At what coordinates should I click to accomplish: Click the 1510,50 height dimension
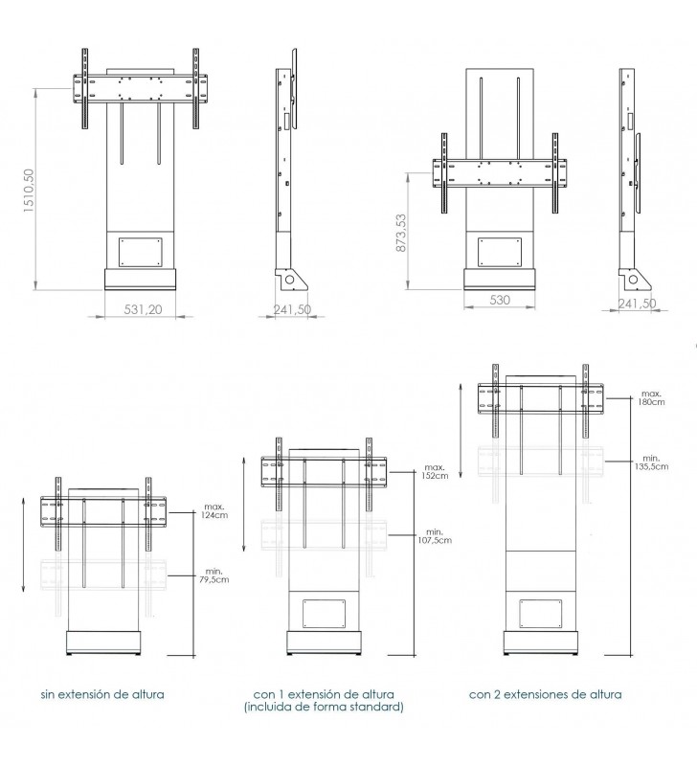point(30,190)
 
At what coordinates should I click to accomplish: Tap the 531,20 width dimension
point(143,309)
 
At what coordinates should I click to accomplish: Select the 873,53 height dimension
point(401,233)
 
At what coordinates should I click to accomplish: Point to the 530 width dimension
point(500,300)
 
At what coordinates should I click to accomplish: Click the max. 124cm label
point(215,511)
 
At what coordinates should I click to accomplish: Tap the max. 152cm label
point(436,471)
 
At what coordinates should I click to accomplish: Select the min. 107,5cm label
point(435,536)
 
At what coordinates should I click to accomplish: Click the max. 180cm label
point(652,397)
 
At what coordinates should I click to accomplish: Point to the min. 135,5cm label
point(652,462)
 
